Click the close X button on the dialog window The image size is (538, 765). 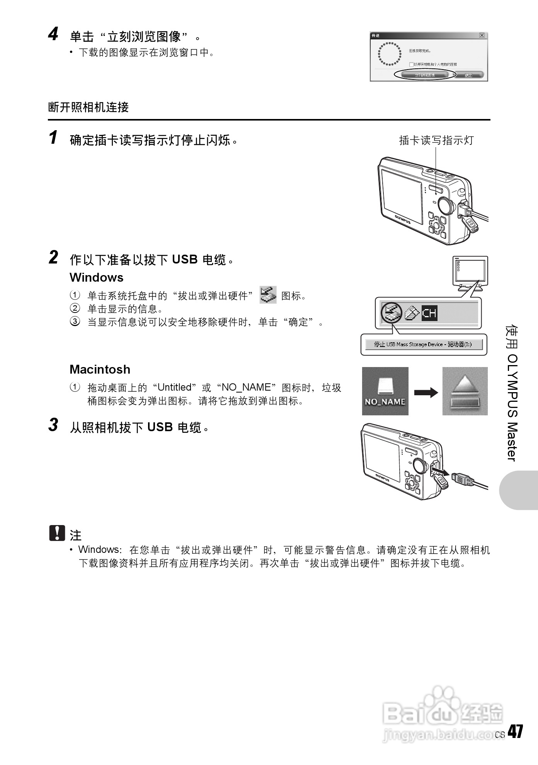(x=482, y=36)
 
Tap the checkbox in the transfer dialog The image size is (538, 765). (x=411, y=64)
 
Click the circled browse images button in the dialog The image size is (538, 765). (x=425, y=75)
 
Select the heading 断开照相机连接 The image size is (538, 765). (x=89, y=107)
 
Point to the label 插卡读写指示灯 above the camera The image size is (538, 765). (x=436, y=140)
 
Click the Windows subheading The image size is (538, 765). (x=96, y=277)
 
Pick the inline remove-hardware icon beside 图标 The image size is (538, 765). (x=268, y=295)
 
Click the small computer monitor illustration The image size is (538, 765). (x=470, y=273)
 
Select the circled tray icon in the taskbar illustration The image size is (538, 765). (x=391, y=312)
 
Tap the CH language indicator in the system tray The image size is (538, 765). (x=429, y=312)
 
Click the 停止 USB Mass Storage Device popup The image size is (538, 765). (x=423, y=344)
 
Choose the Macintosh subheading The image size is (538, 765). (x=100, y=369)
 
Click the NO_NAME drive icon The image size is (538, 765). (x=385, y=391)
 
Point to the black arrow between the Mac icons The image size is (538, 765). (x=426, y=393)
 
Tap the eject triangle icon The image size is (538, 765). (x=465, y=391)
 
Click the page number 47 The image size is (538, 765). (x=515, y=731)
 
